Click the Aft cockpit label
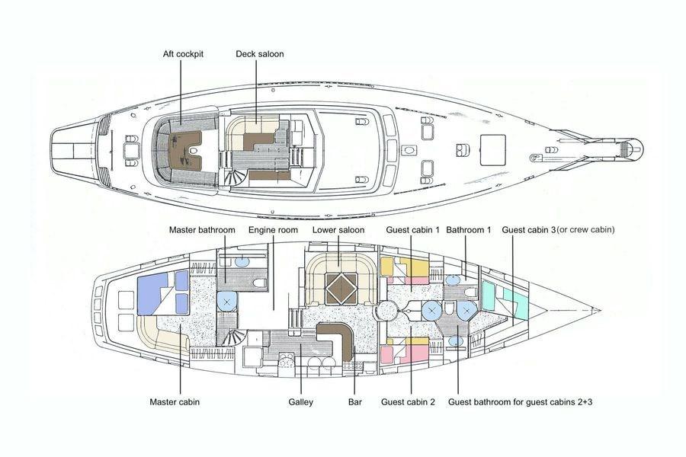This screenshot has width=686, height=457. (x=183, y=54)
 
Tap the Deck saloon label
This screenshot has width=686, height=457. (x=259, y=54)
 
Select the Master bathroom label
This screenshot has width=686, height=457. (x=202, y=230)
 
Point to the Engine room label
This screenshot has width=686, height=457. (x=273, y=230)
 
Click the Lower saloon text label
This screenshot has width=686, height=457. (x=338, y=230)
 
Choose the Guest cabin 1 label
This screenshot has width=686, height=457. (x=412, y=230)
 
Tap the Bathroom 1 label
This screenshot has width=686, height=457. (x=469, y=230)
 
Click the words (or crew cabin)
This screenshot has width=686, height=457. (x=586, y=229)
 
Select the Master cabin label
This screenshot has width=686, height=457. (x=174, y=402)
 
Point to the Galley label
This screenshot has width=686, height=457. (x=300, y=402)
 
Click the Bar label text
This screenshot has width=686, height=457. (x=354, y=402)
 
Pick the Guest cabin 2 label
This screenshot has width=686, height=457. (x=408, y=402)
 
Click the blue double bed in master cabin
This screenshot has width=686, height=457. (x=152, y=294)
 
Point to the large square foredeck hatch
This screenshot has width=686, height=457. (x=493, y=150)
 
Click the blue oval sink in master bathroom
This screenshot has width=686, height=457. (x=242, y=262)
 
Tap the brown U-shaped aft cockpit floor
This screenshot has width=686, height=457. (x=184, y=151)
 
